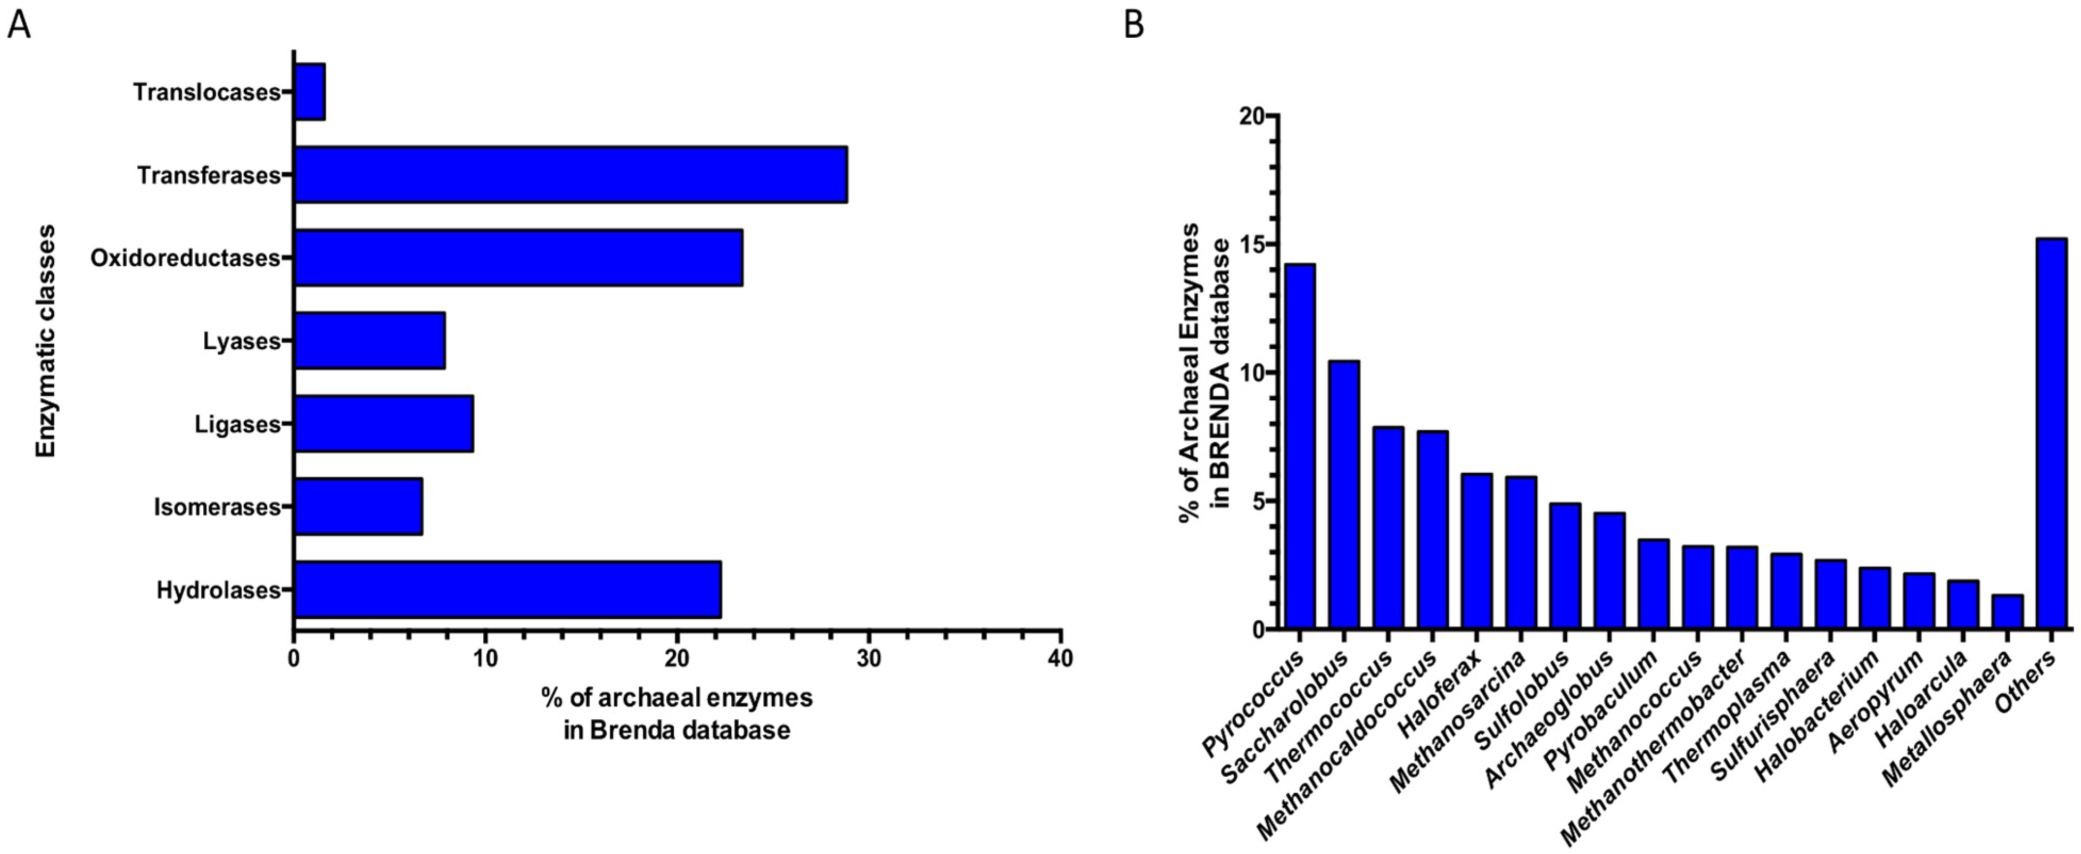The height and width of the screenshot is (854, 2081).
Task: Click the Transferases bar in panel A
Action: [571, 175]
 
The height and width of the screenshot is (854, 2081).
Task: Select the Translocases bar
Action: [309, 92]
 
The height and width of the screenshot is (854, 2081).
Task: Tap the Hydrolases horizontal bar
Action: [507, 590]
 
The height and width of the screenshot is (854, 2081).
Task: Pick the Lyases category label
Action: [240, 342]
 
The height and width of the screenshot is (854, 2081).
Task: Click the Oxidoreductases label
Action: [184, 259]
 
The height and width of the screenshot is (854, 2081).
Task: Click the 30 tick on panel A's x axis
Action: [869, 659]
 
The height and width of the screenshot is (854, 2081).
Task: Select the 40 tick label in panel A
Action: [1060, 659]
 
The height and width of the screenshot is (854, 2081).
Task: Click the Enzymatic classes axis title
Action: [46, 341]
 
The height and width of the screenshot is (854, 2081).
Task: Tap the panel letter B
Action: [1134, 26]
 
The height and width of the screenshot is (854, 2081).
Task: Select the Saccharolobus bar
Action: [1344, 495]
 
